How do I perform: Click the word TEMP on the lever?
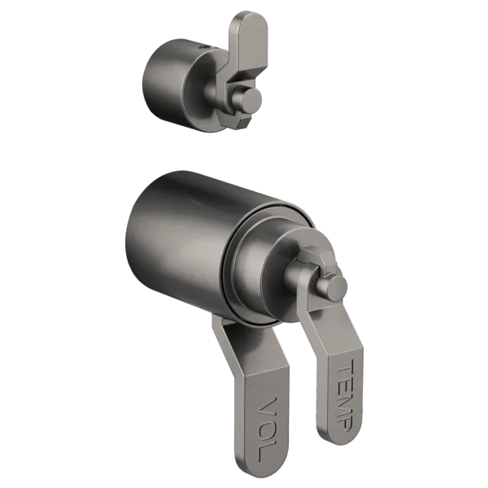345,395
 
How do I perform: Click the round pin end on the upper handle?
251,100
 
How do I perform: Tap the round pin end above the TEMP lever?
336,288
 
